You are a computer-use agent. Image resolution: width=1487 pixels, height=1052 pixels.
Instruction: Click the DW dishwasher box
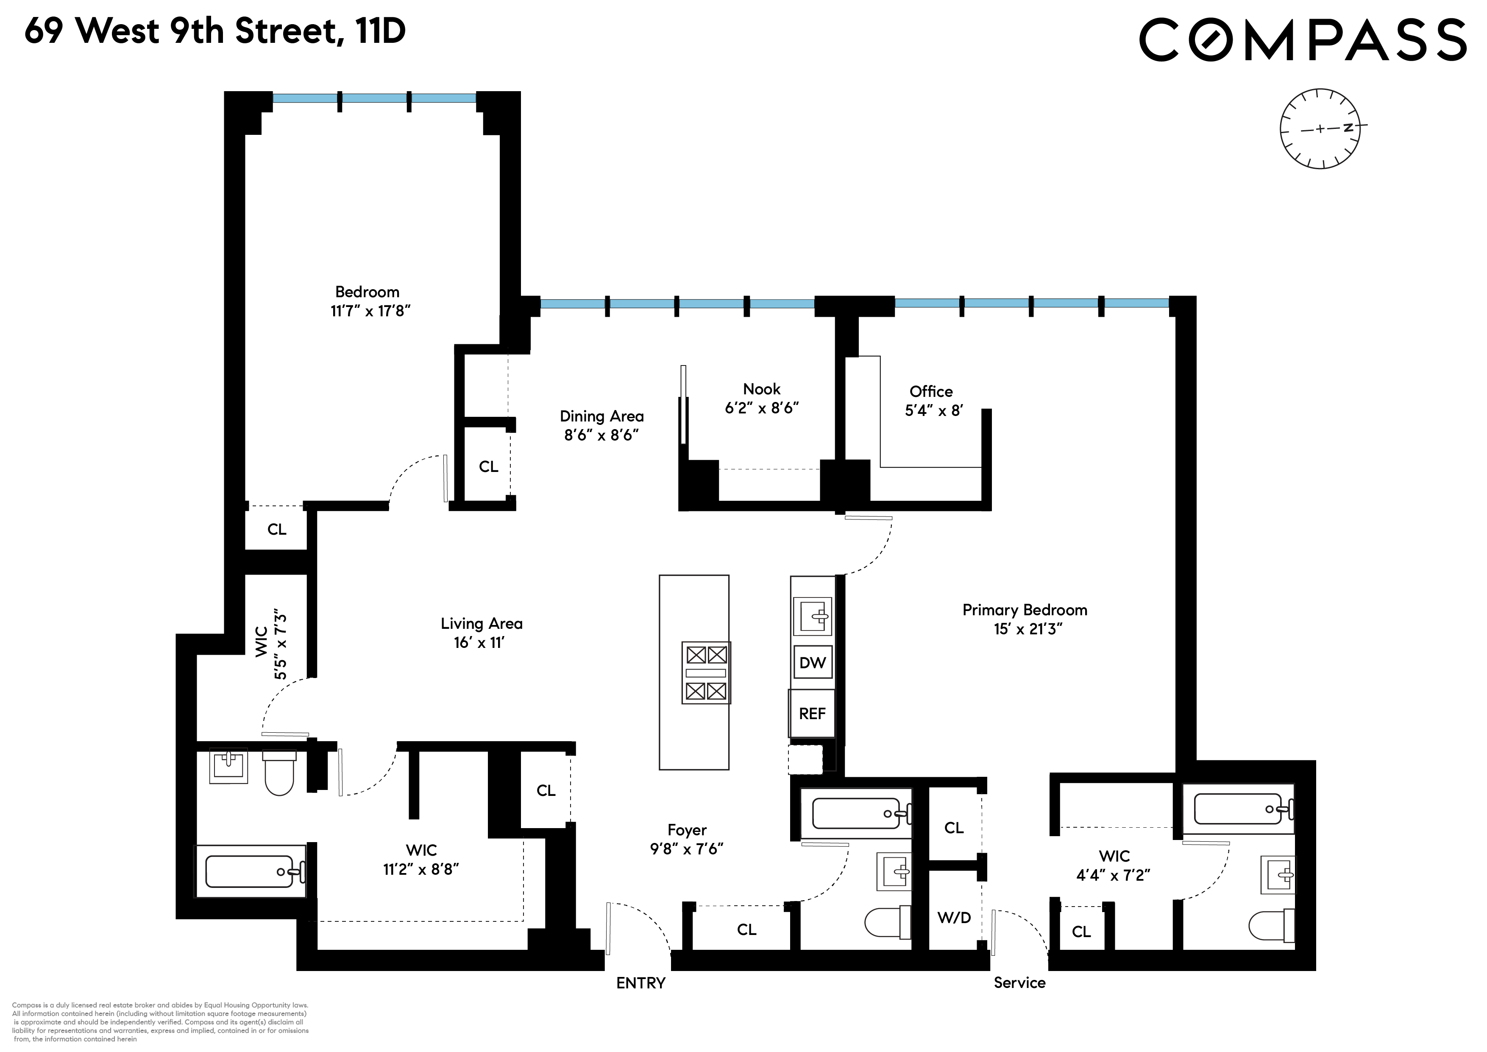pos(812,662)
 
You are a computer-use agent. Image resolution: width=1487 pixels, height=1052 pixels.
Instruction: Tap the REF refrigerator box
pos(812,713)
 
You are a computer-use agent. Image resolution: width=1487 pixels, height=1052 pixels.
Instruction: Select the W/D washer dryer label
pos(954,917)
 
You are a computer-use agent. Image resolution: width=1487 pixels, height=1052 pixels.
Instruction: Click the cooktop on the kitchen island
pos(706,672)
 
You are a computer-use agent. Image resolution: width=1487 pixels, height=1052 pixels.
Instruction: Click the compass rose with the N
pos(1320,129)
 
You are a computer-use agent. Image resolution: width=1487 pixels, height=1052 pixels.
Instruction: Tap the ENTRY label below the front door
pos(640,983)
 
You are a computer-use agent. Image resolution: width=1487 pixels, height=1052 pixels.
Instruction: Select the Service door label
pos(1019,982)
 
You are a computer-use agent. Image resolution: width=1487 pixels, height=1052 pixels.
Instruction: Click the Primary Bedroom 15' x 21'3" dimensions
pos(1028,629)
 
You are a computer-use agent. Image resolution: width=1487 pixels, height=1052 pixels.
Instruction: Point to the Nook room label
pos(762,389)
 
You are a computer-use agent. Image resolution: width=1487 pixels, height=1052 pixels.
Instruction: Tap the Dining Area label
pos(601,416)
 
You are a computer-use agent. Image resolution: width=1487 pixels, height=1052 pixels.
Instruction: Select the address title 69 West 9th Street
pos(214,31)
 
